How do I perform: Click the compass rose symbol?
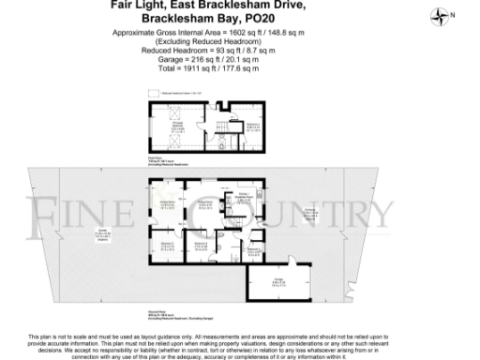(x=440, y=15)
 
